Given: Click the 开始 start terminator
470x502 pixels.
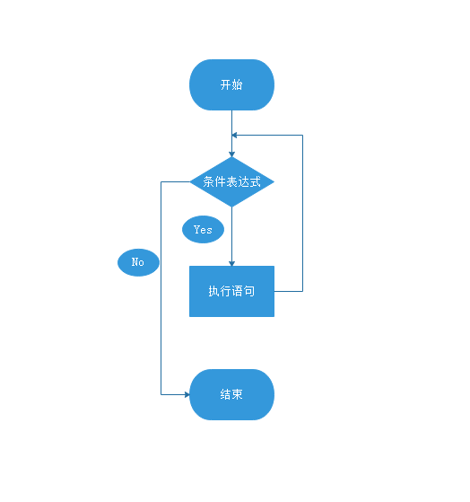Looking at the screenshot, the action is (x=231, y=84).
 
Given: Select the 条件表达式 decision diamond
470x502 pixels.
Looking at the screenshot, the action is (x=231, y=181).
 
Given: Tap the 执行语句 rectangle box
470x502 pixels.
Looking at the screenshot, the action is (x=231, y=291).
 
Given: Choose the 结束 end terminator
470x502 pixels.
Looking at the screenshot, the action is (x=231, y=394).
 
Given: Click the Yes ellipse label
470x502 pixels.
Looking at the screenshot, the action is (x=203, y=229).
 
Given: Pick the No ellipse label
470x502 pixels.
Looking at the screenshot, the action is (x=138, y=262).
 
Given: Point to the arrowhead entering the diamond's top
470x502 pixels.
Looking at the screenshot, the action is (x=231, y=154).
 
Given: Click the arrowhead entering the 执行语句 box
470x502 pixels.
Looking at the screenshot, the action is (x=231, y=263).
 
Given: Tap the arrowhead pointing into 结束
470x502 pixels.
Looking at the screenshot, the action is (x=187, y=394).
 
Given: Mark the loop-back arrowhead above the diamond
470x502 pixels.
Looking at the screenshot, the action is (x=234, y=135).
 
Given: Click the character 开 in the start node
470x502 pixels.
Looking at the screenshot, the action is (x=226, y=84).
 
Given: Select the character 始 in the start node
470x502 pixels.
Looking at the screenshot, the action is (x=237, y=84).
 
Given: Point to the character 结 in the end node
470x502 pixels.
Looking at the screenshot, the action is (x=226, y=394).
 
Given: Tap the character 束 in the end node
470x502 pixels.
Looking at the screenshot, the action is (x=237, y=394).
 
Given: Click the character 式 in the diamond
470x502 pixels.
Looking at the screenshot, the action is (x=255, y=181).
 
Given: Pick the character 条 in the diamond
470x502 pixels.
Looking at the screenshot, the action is (x=208, y=181).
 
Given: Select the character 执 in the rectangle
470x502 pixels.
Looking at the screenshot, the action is (x=214, y=291).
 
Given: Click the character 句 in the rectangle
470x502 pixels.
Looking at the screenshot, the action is (x=249, y=291).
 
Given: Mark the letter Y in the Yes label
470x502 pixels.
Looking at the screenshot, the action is (x=197, y=229).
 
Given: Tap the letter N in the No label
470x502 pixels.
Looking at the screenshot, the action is (x=135, y=262).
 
